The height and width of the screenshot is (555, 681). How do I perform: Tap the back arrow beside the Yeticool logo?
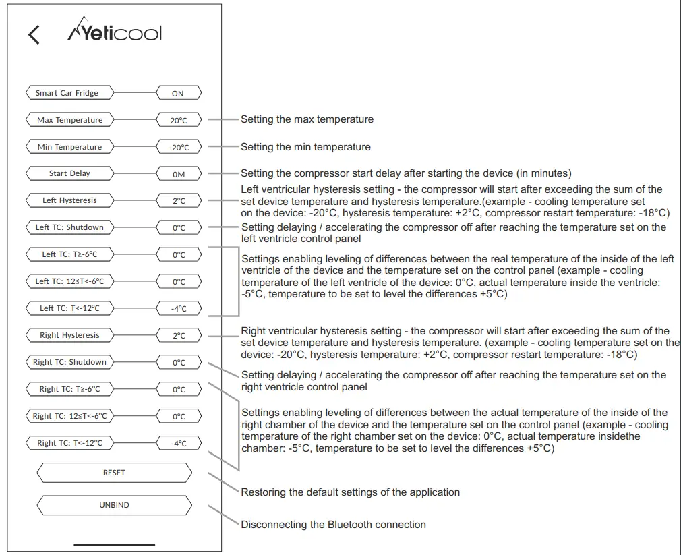(x=34, y=34)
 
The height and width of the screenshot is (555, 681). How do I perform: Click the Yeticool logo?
(x=115, y=33)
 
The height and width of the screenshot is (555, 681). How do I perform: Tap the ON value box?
(x=178, y=94)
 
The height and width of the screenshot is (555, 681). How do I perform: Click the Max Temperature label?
(x=69, y=120)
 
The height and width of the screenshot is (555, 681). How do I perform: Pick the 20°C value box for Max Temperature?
(x=178, y=121)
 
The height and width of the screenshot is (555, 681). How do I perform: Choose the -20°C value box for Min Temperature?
(x=178, y=148)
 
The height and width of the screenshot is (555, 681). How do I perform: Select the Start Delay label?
(x=69, y=173)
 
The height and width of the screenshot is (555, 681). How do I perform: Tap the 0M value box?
(x=178, y=175)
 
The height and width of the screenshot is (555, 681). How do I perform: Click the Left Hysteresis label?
(x=69, y=200)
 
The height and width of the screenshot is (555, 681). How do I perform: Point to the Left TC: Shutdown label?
(x=69, y=227)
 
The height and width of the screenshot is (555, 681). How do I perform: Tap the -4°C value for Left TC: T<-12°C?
(x=178, y=310)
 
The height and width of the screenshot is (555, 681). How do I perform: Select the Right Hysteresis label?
(x=69, y=335)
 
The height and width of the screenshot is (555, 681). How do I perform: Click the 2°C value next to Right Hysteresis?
(x=178, y=337)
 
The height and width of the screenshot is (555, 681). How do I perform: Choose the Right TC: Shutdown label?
(x=69, y=362)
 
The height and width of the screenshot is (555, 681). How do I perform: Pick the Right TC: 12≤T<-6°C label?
(x=69, y=416)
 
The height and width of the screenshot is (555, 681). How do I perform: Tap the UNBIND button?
(x=114, y=505)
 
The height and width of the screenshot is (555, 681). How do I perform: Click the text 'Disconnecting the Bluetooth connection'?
(x=333, y=525)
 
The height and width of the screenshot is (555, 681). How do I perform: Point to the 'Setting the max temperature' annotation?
(x=307, y=119)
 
